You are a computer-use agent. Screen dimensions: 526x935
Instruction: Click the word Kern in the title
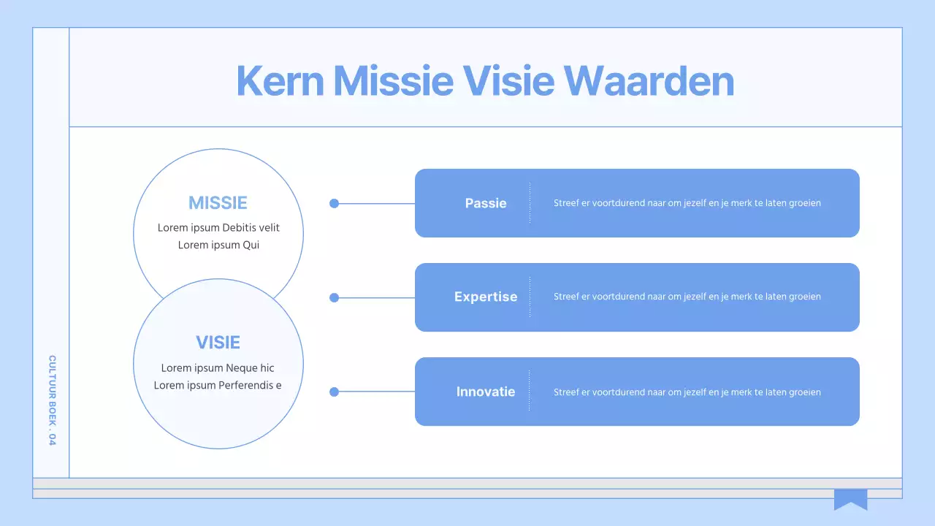click(280, 80)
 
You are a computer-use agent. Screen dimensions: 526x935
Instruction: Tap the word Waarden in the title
click(649, 80)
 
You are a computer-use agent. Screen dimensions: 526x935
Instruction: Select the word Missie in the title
click(393, 80)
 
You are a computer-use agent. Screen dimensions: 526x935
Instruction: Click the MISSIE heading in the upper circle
click(218, 203)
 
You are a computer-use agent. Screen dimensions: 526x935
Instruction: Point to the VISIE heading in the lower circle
click(218, 343)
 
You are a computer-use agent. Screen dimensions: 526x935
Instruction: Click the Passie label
click(486, 203)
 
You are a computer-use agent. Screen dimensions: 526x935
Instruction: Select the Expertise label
click(486, 297)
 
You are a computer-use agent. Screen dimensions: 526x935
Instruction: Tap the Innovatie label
click(486, 392)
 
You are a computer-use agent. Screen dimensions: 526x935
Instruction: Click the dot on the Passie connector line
click(335, 203)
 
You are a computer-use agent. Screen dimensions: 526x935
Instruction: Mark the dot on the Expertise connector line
click(335, 297)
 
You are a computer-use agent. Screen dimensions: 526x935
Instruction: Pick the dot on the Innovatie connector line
click(335, 392)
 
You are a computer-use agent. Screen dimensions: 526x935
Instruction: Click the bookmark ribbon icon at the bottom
click(850, 499)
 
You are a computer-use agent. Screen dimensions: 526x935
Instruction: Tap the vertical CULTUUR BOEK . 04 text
click(52, 400)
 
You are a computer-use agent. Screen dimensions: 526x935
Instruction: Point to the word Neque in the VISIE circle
click(241, 367)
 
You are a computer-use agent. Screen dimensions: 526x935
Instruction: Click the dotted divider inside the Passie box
click(530, 203)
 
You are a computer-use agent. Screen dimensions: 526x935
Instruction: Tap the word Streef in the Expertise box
click(566, 297)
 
